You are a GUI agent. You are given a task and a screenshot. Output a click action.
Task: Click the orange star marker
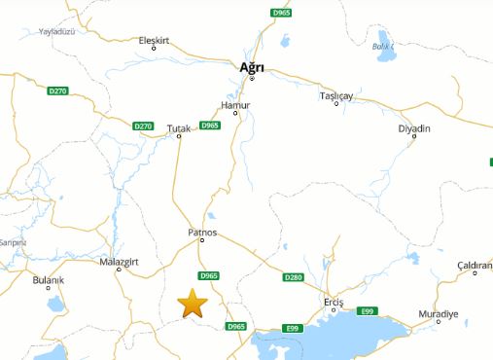(x=193, y=304)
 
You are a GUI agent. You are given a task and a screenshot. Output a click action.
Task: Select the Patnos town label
(x=202, y=233)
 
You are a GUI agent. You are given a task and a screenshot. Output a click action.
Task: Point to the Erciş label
(x=335, y=302)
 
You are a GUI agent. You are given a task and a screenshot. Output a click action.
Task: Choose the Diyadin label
(x=414, y=128)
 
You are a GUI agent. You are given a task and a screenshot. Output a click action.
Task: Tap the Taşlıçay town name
(x=335, y=96)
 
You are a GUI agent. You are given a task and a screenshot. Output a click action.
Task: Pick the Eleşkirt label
(x=155, y=40)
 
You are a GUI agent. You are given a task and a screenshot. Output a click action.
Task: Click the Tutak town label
(x=179, y=127)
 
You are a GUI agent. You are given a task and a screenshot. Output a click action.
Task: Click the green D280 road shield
(x=294, y=277)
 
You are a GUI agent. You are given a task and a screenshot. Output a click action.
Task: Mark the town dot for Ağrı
(x=252, y=78)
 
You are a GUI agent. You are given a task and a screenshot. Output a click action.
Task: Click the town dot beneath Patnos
(x=202, y=240)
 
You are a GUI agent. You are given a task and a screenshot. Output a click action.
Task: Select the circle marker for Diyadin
(x=414, y=137)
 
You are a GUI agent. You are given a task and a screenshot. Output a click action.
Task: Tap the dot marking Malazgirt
(x=119, y=270)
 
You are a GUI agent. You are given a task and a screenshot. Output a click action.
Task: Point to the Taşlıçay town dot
(x=335, y=104)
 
